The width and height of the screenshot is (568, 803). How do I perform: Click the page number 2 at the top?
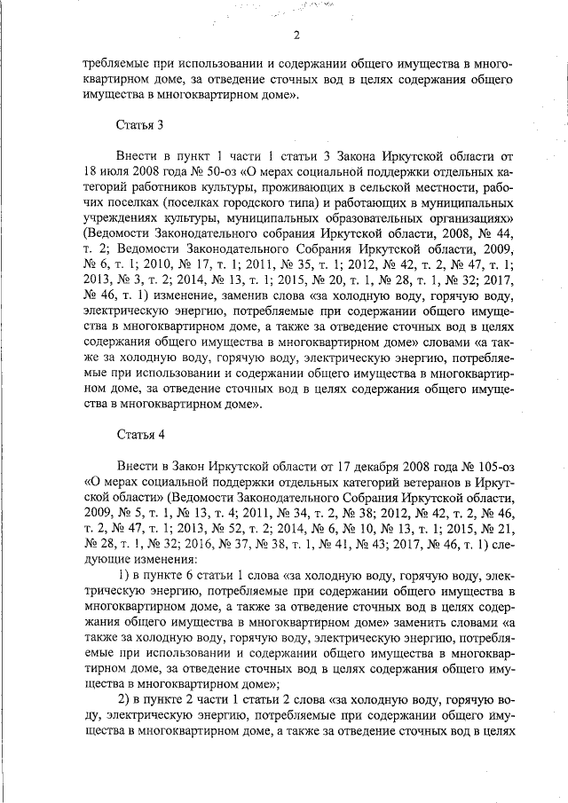point(296,35)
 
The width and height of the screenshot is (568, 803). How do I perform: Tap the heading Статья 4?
point(141,434)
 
